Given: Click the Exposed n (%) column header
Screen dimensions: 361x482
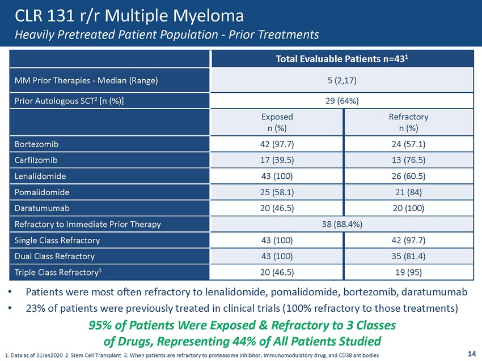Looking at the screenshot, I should (x=277, y=122).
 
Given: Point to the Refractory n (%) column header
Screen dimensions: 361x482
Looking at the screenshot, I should (x=408, y=122).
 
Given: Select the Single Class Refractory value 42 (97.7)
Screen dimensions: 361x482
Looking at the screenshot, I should (x=408, y=240).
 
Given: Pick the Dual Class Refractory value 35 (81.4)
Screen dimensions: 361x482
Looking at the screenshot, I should (x=408, y=256).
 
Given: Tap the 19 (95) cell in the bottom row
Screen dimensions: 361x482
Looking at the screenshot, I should (x=408, y=272).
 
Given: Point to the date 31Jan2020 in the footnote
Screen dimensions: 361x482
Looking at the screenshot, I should (x=49, y=355).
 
